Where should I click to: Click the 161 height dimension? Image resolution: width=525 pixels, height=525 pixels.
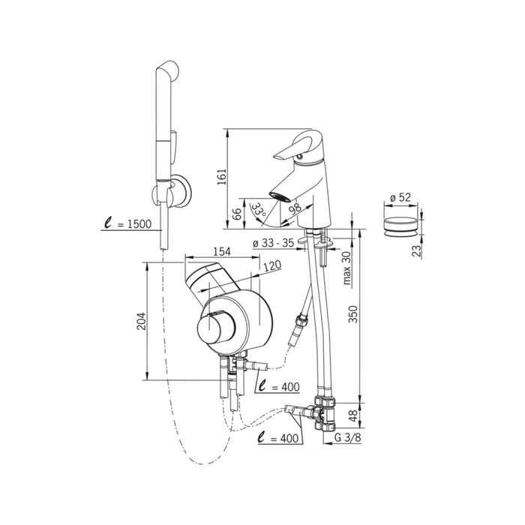tap(222, 177)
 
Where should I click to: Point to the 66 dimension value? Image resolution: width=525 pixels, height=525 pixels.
tap(237, 213)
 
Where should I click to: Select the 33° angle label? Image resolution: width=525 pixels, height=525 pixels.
tap(259, 209)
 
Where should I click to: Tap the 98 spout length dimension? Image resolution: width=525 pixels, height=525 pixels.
tap(294, 208)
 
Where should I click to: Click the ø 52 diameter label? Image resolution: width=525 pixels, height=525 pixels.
tap(400, 197)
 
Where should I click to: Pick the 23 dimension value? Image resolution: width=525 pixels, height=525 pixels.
tap(415, 250)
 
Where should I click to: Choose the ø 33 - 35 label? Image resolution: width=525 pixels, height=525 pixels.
tap(273, 243)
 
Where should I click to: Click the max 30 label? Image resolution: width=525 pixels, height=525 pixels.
tap(346, 268)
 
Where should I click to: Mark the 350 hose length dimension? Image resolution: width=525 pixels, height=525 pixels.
tap(353, 313)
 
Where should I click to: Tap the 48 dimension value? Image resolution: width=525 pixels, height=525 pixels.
tap(353, 415)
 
